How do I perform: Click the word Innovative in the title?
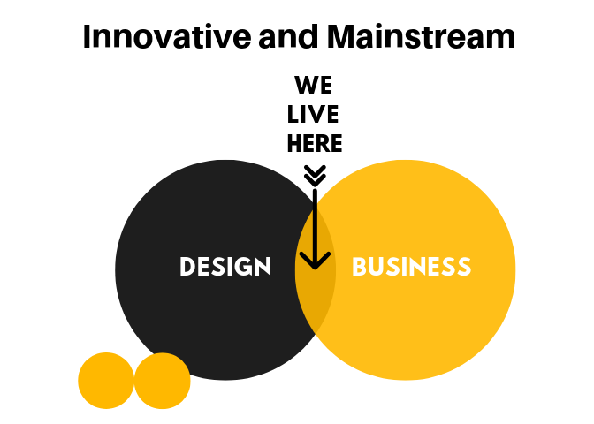[x=167, y=37]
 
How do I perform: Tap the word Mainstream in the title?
[x=421, y=37]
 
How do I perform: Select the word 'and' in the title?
[x=288, y=37]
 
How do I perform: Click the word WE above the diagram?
[x=314, y=85]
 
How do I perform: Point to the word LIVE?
[x=313, y=114]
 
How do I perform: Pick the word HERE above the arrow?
[x=315, y=143]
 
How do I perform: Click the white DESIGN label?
[x=225, y=266]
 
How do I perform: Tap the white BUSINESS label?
[x=411, y=266]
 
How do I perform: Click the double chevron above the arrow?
[x=315, y=175]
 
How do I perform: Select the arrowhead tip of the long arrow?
[x=315, y=269]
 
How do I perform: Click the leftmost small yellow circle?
[x=106, y=381]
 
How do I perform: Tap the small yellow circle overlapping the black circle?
[x=162, y=381]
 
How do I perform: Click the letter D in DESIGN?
[x=187, y=266]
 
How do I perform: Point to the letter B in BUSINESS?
[x=359, y=266]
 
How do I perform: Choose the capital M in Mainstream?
[x=340, y=37]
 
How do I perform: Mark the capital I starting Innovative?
[x=87, y=37]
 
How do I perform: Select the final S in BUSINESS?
[x=464, y=266]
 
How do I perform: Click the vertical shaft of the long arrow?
[x=315, y=228]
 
